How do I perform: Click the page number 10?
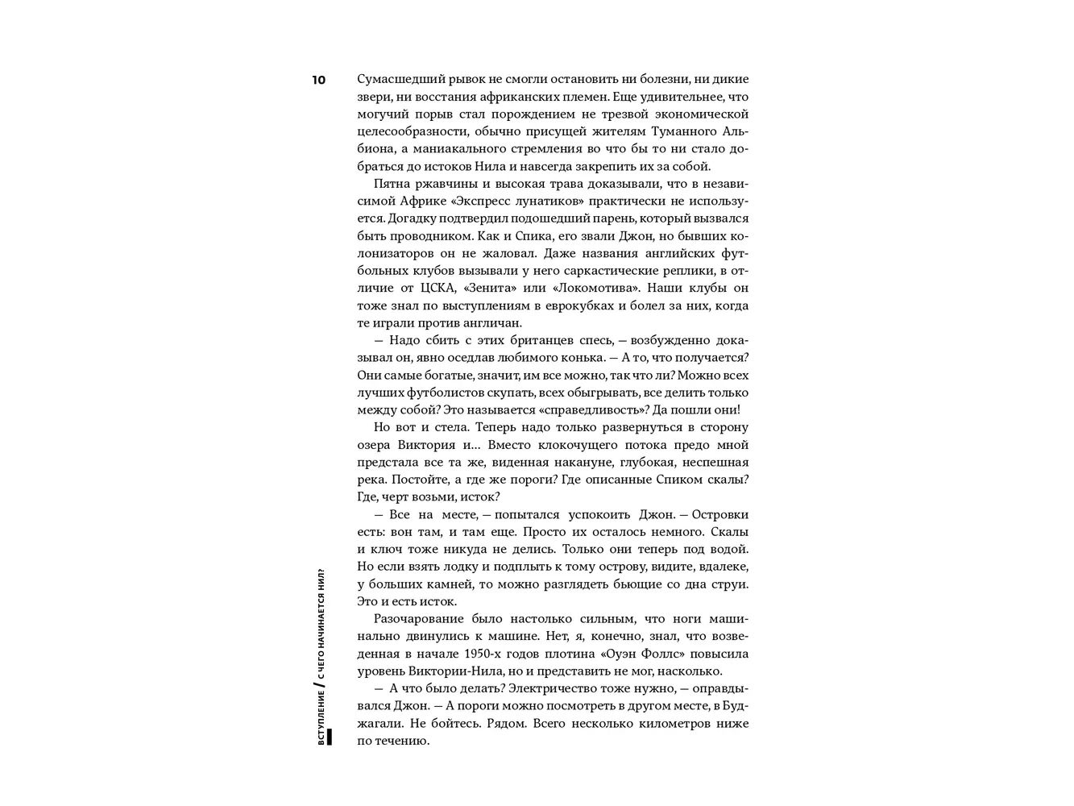(318, 80)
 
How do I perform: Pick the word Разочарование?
(417, 618)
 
